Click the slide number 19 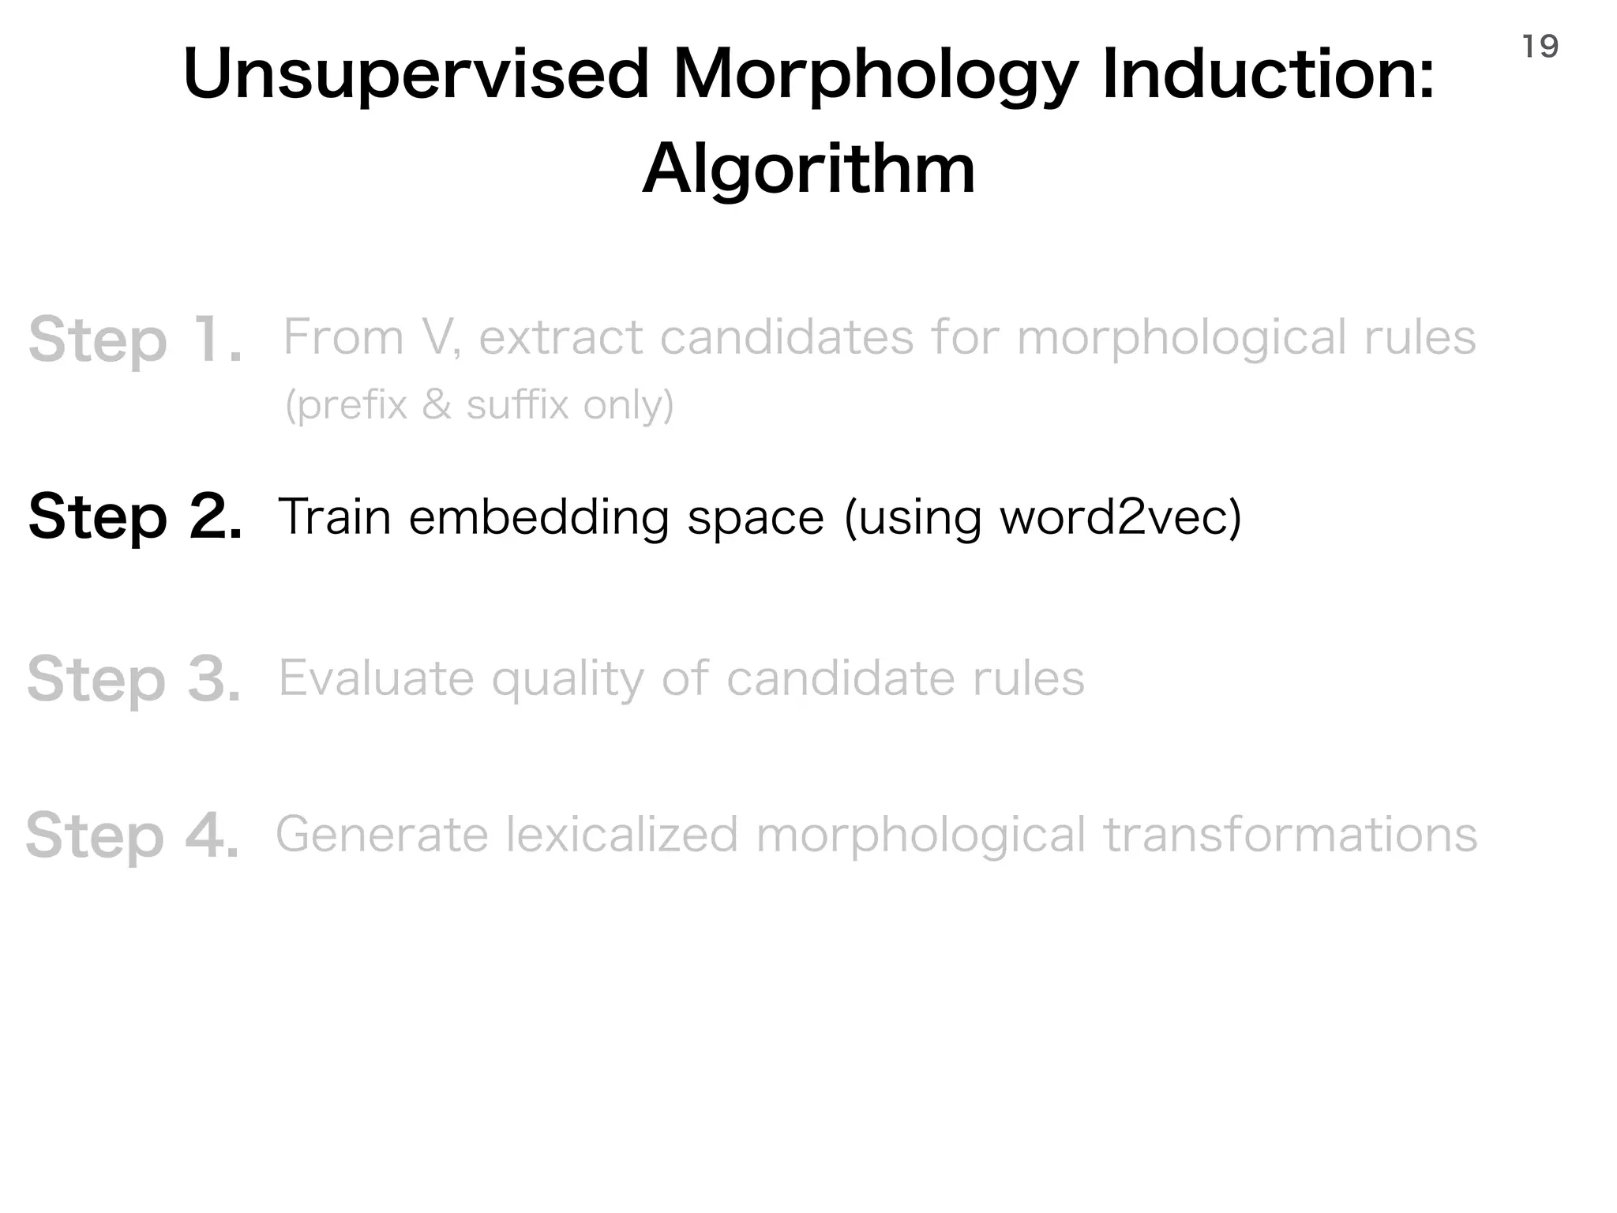1540,47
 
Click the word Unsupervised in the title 415,75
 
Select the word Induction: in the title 1268,75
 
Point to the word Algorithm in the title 809,170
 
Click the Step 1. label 135,340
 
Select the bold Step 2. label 135,517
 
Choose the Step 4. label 133,836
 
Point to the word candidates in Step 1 786,338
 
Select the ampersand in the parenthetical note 437,405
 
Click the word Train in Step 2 335,517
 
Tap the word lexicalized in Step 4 622,836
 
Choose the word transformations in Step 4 1290,836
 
